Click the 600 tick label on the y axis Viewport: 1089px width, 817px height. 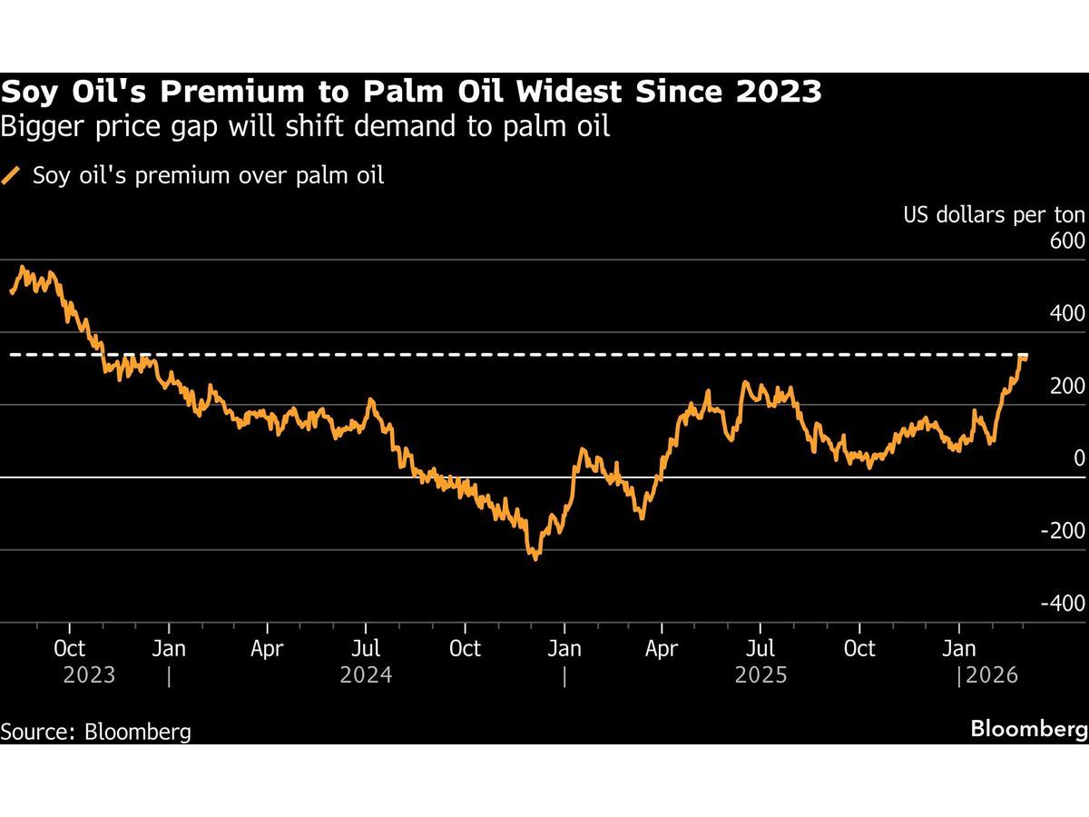coord(1067,241)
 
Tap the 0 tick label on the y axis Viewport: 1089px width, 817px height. coord(1079,458)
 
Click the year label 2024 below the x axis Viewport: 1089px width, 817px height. coord(366,676)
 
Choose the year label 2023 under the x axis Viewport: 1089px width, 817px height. coord(89,676)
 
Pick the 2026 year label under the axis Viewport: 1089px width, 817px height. coord(992,676)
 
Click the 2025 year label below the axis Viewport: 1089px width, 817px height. coord(760,676)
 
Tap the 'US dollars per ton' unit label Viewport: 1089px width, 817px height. coord(994,215)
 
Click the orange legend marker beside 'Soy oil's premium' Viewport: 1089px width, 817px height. coord(13,175)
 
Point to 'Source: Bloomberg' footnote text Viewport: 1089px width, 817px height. coord(95,732)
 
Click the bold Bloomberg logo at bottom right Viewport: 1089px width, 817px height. coord(1029,729)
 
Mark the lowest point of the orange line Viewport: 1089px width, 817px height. coord(535,558)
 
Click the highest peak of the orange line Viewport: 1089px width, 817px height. coord(22,268)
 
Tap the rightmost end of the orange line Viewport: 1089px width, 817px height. coord(1025,358)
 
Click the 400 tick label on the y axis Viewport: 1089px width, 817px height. coord(1067,314)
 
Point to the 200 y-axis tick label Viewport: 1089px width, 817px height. coord(1067,387)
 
